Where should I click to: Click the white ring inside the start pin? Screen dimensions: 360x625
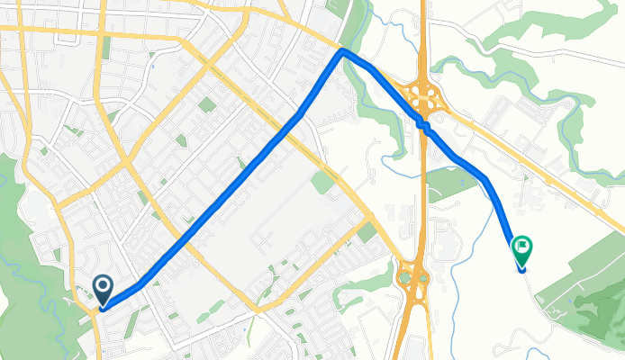coord(103,286)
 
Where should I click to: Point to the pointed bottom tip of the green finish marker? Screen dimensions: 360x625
coord(521,269)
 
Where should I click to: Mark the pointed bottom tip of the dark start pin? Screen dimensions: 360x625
coord(103,308)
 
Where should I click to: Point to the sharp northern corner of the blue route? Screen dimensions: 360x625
coord(342,52)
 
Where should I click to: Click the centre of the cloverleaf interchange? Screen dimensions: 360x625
coord(421,95)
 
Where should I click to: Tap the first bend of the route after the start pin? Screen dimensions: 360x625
coord(140,286)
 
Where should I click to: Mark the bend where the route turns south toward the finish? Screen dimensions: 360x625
coord(486,178)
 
